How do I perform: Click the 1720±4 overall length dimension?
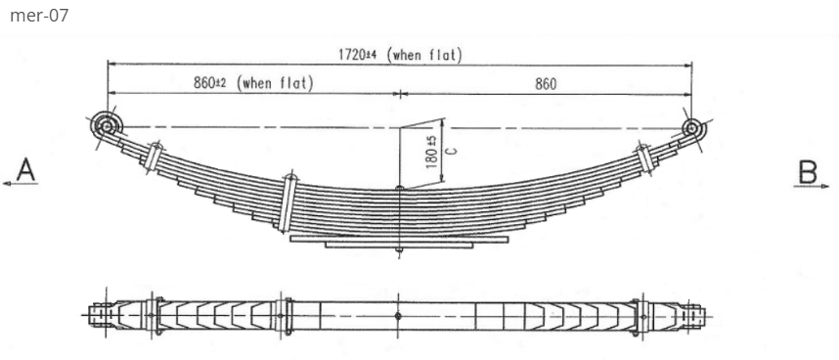click(x=358, y=55)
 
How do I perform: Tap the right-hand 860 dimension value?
click(x=545, y=84)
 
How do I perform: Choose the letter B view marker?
click(x=807, y=171)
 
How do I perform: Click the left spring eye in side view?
click(x=106, y=126)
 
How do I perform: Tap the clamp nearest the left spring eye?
click(x=153, y=157)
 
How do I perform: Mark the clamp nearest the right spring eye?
click(x=642, y=157)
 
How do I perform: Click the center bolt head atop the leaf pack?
click(x=399, y=189)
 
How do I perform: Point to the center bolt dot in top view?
click(x=399, y=316)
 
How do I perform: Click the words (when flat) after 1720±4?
click(x=425, y=55)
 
